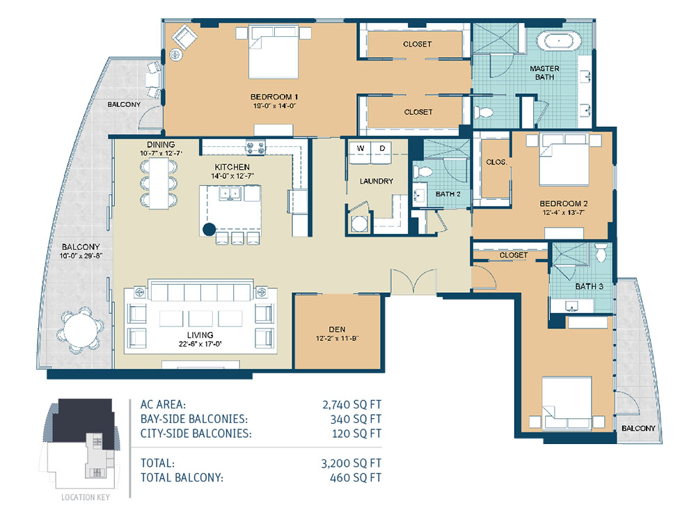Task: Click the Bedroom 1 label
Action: click(x=274, y=97)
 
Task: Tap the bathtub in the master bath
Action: click(x=559, y=42)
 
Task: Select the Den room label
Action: click(x=337, y=329)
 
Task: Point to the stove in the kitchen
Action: click(x=255, y=147)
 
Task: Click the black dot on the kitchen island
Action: click(x=209, y=229)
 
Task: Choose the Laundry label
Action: click(x=377, y=181)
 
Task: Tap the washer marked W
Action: click(x=360, y=153)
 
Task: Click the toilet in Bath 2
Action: click(x=423, y=172)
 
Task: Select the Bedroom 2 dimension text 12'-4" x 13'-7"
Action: click(x=563, y=212)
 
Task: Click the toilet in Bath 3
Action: click(x=601, y=253)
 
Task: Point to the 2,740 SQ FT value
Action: click(x=351, y=404)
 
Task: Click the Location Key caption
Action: click(x=85, y=498)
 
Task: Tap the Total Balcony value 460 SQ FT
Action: click(x=356, y=478)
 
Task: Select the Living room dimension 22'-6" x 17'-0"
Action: click(x=200, y=343)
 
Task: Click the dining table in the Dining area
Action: click(x=159, y=183)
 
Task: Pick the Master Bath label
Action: click(x=545, y=73)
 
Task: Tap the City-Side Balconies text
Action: click(x=196, y=434)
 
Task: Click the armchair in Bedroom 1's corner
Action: click(x=184, y=38)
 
